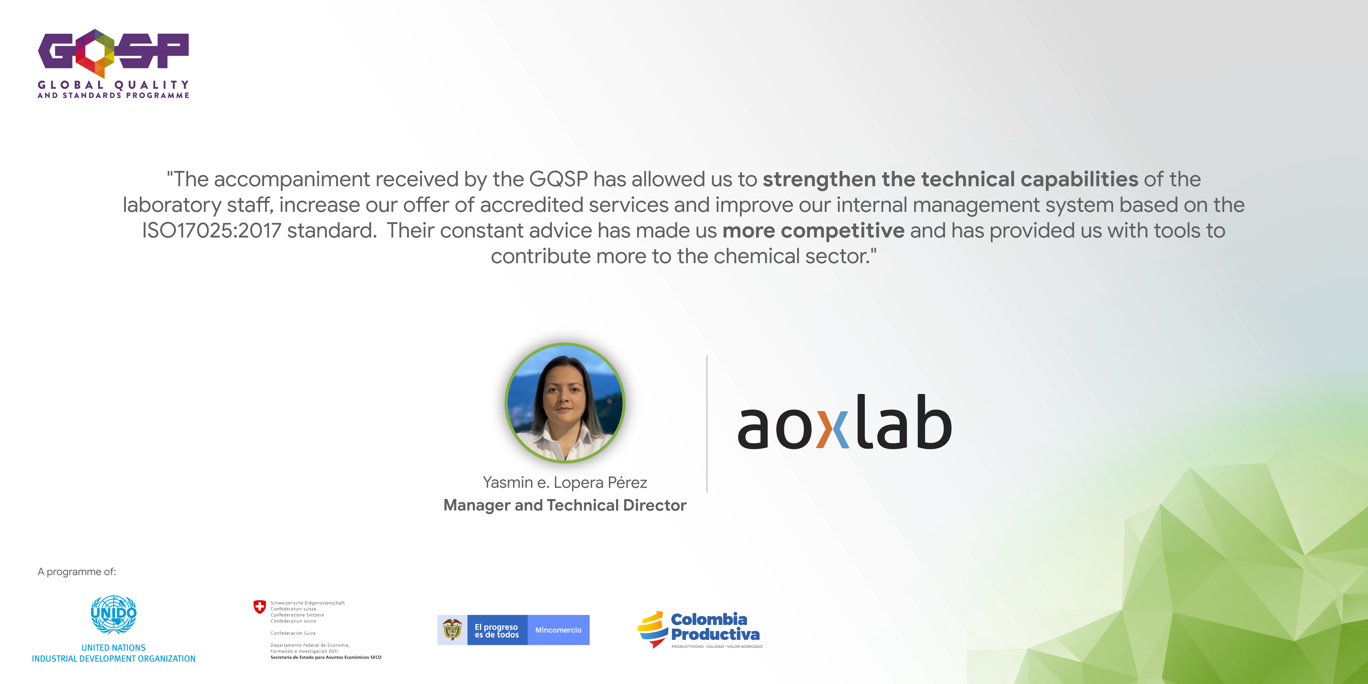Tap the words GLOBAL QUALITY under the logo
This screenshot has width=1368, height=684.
click(113, 85)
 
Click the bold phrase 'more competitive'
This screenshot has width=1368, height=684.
click(813, 230)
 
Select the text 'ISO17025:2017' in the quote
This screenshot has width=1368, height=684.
click(211, 230)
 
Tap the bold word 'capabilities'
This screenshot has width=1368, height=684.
click(1079, 179)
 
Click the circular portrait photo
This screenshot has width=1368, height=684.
click(564, 403)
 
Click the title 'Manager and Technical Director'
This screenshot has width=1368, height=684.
click(564, 505)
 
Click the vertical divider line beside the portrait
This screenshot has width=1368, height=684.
click(707, 424)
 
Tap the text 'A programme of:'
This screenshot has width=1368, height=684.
click(77, 571)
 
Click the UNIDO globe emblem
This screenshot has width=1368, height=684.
click(114, 614)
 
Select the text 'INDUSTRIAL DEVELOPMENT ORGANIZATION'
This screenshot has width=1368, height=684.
click(114, 658)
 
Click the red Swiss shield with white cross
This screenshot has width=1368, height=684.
click(259, 606)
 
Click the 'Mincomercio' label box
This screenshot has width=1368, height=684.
click(558, 630)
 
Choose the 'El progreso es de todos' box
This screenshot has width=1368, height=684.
click(497, 630)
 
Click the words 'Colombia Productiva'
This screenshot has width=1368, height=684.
click(715, 627)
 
